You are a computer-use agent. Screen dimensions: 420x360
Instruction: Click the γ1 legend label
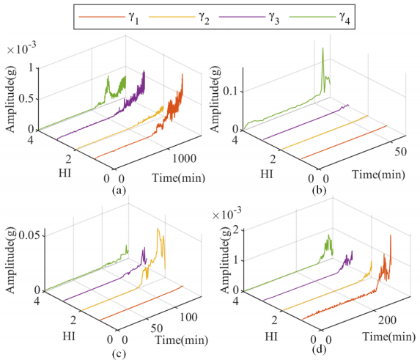[133, 18]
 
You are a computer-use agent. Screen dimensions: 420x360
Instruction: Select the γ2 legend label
[204, 18]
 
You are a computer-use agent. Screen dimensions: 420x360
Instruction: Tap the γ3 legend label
[274, 18]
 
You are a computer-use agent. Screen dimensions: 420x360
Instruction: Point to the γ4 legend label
[345, 18]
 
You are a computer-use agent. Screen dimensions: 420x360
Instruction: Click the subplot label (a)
[119, 191]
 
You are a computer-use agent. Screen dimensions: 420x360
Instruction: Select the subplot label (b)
[320, 191]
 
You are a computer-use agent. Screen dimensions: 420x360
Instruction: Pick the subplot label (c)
[119, 354]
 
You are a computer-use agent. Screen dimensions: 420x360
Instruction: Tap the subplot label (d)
[320, 349]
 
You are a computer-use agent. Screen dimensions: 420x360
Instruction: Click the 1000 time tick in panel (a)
[184, 158]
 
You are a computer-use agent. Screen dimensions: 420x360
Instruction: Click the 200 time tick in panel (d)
[387, 320]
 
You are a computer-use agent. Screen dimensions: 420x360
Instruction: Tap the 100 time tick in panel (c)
[188, 317]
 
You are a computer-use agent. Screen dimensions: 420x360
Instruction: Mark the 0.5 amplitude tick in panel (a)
[27, 98]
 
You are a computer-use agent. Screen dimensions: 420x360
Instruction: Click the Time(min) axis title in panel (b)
[378, 175]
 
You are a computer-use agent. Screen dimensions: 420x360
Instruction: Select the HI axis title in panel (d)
[271, 337]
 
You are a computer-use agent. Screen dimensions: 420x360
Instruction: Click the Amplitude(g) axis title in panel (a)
[11, 100]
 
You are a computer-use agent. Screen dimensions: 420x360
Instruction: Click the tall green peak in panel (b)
[323, 48]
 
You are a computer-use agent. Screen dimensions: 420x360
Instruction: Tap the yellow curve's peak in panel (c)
[158, 229]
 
